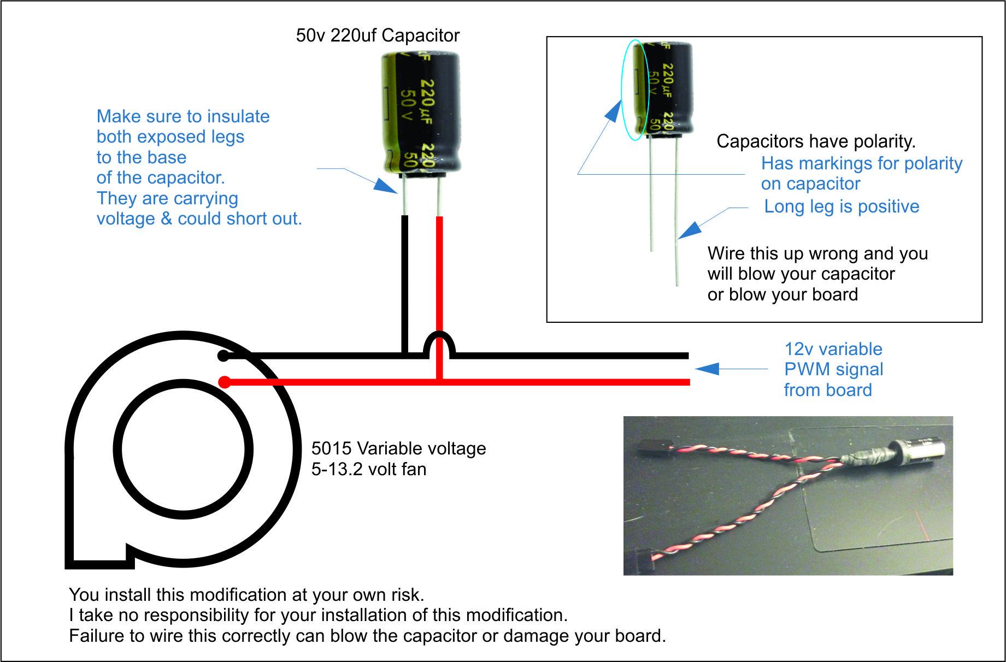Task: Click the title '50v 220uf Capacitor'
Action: [x=378, y=36]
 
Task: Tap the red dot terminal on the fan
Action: [x=223, y=382]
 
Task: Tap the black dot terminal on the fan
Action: [x=223, y=356]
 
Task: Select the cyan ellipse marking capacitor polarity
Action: [x=635, y=90]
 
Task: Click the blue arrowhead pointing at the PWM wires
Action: [x=706, y=369]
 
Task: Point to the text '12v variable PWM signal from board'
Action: [x=833, y=369]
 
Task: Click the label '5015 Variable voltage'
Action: [x=398, y=448]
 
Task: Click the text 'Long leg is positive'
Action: [x=842, y=206]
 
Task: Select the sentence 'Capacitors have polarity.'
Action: [x=816, y=141]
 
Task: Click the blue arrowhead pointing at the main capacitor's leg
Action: [x=387, y=187]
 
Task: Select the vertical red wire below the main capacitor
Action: [x=439, y=273]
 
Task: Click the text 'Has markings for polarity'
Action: [x=861, y=163]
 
